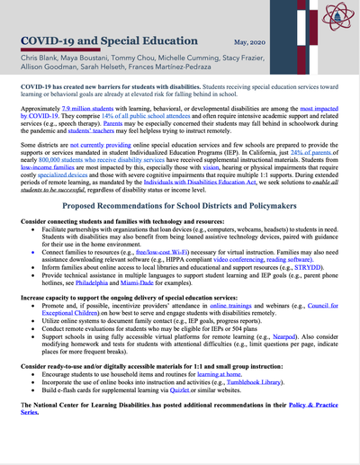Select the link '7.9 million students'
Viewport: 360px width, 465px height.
point(102,107)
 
